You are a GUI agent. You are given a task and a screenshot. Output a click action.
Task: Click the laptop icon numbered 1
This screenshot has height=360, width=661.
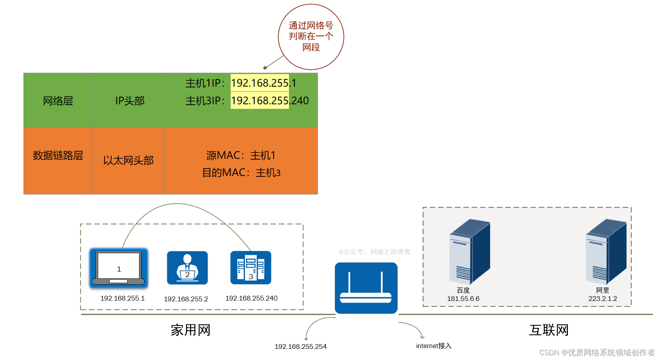(118, 268)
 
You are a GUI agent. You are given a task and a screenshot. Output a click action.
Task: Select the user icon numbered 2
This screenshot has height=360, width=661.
(187, 268)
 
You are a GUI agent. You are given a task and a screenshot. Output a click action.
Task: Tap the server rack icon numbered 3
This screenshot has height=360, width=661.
(250, 268)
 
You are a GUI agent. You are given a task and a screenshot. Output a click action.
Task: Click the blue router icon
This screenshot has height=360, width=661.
(366, 288)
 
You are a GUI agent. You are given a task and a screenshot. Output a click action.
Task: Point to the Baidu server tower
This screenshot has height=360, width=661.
(469, 251)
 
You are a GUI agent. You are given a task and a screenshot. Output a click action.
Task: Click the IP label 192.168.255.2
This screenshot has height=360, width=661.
(186, 299)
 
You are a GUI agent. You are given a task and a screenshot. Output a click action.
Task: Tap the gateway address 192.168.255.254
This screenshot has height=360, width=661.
(300, 347)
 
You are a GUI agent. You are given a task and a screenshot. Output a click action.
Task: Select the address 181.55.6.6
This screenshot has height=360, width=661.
(463, 299)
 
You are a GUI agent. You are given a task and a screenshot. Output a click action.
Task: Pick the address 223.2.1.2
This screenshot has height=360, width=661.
(602, 299)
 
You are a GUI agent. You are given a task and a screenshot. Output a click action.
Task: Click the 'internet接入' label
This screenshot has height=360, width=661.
(434, 346)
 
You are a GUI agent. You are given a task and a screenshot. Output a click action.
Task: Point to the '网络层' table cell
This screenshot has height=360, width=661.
(58, 101)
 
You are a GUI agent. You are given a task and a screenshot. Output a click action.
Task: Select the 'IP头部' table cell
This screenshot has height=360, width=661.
(130, 101)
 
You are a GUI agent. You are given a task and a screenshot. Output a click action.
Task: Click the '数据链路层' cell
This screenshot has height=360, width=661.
(58, 155)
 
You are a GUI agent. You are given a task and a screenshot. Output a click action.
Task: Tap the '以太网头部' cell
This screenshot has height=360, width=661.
(128, 160)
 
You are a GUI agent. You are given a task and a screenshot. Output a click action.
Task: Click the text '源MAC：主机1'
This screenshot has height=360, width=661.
(241, 155)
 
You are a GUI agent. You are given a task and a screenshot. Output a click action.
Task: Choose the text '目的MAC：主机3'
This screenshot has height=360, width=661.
(241, 173)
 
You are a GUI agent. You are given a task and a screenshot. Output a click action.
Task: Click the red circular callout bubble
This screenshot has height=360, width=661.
(311, 36)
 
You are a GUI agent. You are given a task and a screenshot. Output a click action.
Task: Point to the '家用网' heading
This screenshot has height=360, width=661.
(190, 330)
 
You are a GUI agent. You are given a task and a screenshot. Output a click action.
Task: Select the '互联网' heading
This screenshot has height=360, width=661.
(549, 330)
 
